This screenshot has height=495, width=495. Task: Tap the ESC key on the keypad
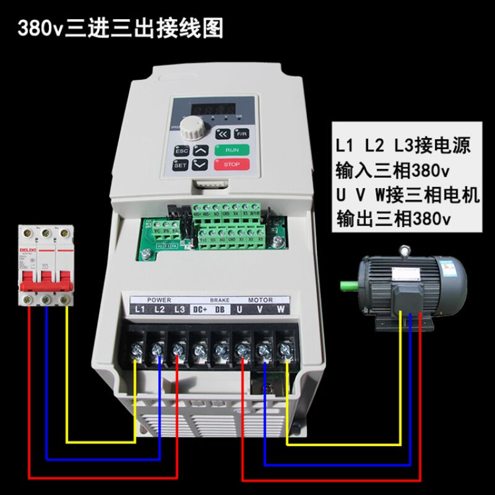[181, 150]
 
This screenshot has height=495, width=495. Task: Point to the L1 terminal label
[139, 309]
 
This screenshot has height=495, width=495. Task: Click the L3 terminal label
[179, 309]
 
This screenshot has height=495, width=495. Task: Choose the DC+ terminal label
[199, 309]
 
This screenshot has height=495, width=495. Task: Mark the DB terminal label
[219, 309]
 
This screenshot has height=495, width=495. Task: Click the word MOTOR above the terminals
[260, 299]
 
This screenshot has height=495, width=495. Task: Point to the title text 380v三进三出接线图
[120, 28]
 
